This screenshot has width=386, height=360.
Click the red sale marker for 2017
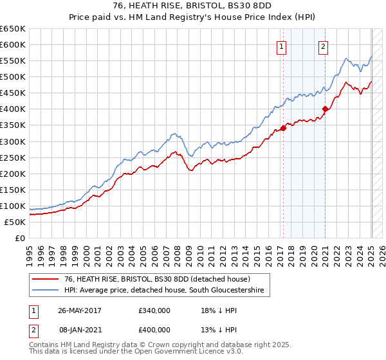[283, 128]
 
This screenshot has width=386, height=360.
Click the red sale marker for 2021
[325, 109]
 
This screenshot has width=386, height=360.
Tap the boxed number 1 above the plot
[282, 46]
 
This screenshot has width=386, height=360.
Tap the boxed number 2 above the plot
[323, 46]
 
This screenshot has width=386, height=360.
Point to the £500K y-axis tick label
[13, 76]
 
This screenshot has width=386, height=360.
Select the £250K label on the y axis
[13, 157]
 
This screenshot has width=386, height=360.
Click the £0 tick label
[19, 238]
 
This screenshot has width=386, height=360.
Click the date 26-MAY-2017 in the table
[80, 310]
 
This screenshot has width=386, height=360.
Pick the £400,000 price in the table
[154, 329]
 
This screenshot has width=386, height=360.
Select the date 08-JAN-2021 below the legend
[80, 329]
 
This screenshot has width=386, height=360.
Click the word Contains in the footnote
[44, 345]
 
